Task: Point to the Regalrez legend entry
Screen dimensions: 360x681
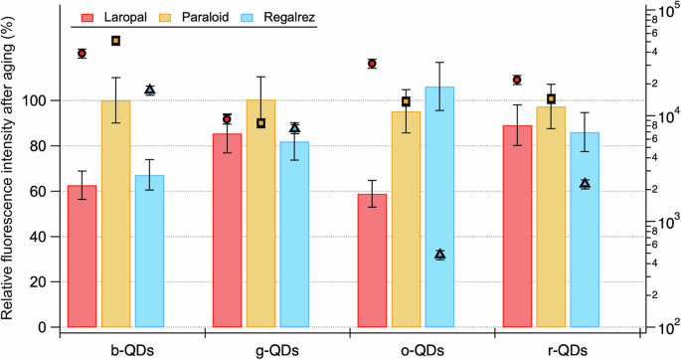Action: pos(282,17)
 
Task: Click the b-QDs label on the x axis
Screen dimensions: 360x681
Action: pos(131,349)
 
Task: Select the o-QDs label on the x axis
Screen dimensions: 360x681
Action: pos(422,349)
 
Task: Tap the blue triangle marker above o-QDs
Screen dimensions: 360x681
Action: pos(439,255)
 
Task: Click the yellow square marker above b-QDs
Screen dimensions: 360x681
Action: pos(115,41)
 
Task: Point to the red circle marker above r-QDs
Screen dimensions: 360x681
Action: pos(517,80)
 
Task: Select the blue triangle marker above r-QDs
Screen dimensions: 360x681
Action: pos(585,184)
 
